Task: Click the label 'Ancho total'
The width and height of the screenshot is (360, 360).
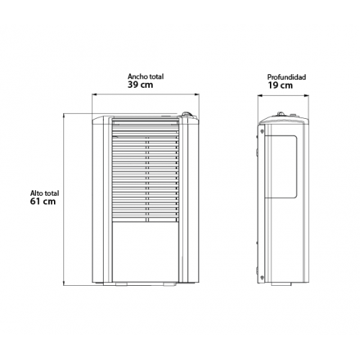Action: coord(145,77)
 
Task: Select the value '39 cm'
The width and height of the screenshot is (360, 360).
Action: coord(140,85)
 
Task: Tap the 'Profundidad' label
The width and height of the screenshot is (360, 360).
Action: coord(287,77)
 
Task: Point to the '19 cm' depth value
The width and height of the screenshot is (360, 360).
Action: coord(280,86)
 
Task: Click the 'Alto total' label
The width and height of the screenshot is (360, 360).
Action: coord(45,193)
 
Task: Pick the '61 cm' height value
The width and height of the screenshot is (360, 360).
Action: coord(42,202)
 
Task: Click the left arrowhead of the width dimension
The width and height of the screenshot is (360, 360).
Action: coord(94,94)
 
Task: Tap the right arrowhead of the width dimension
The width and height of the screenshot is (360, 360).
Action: coord(197,94)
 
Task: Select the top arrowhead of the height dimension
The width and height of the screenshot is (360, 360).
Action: coord(64,115)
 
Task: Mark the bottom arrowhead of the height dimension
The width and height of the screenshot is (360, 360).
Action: coord(64,284)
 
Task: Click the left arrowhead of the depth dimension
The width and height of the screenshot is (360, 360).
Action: coord(260,96)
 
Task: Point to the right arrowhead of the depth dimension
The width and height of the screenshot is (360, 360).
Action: coord(307,96)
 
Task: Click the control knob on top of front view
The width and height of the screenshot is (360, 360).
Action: coord(186,114)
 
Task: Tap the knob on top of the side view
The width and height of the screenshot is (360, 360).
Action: coord(280,114)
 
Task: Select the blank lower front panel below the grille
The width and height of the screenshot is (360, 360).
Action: coord(145,252)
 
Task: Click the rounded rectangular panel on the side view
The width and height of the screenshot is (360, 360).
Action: coord(281,166)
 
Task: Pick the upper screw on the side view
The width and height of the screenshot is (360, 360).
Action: coord(262,131)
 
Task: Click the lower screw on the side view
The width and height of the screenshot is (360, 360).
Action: coord(262,277)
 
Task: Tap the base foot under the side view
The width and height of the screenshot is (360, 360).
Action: coord(282,284)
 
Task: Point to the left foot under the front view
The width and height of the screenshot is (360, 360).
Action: coord(122,284)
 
